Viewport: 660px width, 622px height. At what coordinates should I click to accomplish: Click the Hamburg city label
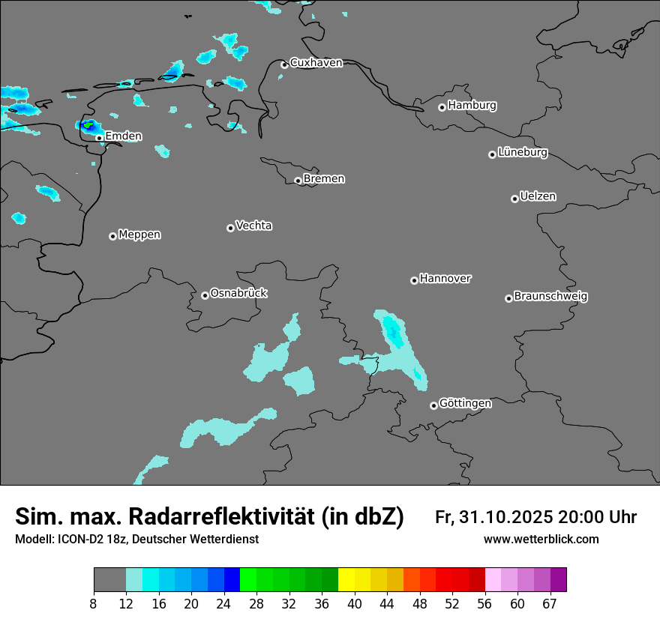point(472,106)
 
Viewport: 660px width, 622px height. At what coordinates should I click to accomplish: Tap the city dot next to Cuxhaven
point(284,64)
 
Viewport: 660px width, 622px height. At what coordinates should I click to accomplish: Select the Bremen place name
point(324,179)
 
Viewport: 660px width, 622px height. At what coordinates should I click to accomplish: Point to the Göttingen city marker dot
point(433,405)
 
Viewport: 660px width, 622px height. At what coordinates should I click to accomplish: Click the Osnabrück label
point(238,293)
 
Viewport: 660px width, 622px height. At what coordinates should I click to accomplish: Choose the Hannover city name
point(445,279)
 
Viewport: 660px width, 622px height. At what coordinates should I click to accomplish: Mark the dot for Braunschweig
point(508,298)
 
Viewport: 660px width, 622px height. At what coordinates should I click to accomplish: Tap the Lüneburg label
point(523,153)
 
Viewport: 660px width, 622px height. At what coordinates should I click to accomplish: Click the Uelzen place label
point(538,197)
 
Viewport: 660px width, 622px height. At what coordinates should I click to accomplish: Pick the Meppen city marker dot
point(112,236)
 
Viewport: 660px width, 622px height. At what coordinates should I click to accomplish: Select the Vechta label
point(253,226)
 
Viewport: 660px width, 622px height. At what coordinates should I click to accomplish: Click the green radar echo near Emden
point(89,125)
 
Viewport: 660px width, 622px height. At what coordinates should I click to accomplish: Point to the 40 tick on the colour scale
point(354,603)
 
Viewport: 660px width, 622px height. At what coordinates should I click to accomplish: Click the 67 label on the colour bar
point(550,603)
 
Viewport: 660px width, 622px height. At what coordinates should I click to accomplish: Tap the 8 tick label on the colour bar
point(94,603)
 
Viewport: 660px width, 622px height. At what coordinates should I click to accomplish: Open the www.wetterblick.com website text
point(541,540)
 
